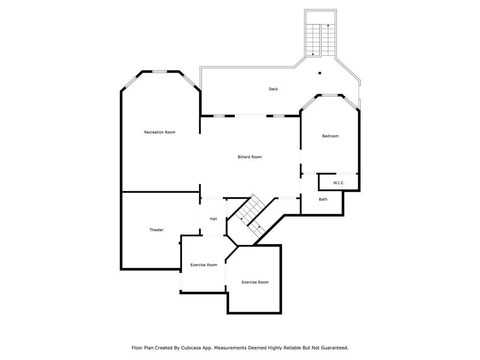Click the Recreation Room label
pyautogui.click(x=159, y=132)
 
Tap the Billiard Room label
pyautogui.click(x=249, y=157)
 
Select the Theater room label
pyautogui.click(x=157, y=230)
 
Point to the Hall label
pyautogui.click(x=213, y=219)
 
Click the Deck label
pyautogui.click(x=273, y=89)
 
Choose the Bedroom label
pyautogui.click(x=330, y=136)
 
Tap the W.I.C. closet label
pyautogui.click(x=338, y=183)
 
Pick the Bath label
pyautogui.click(x=323, y=199)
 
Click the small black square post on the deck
pyautogui.click(x=320, y=73)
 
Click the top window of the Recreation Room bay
pyautogui.click(x=159, y=72)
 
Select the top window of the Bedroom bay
pyautogui.click(x=330, y=95)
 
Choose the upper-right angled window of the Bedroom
pyautogui.click(x=350, y=103)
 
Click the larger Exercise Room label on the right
pyautogui.click(x=255, y=282)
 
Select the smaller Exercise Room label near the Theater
pyautogui.click(x=204, y=265)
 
